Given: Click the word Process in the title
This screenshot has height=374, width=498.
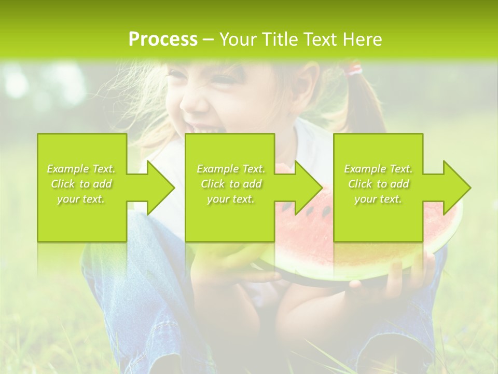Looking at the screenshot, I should click(163, 39).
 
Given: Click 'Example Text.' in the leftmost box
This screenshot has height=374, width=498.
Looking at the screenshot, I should click(81, 169).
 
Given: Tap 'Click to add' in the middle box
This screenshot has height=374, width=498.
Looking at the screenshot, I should click(231, 184).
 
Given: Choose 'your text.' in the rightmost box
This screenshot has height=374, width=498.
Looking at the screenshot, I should click(378, 199).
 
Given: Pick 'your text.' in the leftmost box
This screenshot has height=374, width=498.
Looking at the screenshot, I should click(81, 199).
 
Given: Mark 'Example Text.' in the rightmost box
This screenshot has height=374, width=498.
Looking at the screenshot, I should click(378, 169).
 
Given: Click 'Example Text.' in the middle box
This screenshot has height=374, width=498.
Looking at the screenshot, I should click(231, 169).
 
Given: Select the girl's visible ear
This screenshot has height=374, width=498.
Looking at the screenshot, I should click(310, 83).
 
